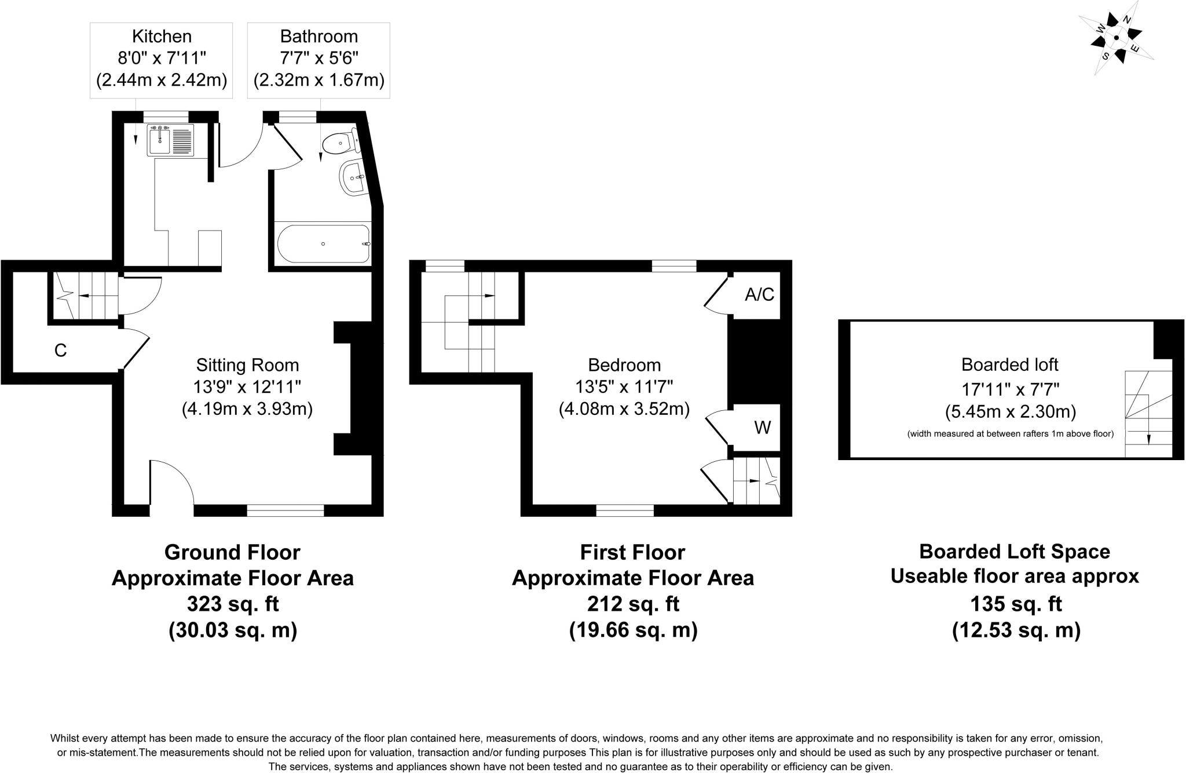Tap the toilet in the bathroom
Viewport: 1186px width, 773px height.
point(341,142)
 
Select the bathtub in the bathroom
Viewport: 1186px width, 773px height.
point(323,244)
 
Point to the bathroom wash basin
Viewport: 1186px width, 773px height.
point(352,176)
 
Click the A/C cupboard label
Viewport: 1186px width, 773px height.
point(759,295)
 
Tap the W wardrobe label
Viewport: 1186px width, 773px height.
point(762,428)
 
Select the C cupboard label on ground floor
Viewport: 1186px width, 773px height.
point(60,351)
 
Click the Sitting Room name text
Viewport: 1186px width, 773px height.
point(247,365)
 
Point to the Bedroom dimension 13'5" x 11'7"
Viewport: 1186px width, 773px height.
point(624,387)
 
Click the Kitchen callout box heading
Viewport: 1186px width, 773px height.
point(162,37)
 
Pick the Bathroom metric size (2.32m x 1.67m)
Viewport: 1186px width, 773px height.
point(319,80)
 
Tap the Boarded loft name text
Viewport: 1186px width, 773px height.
point(1009,364)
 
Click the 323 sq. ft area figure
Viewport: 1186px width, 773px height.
point(232,604)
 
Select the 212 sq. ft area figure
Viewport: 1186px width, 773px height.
point(632,604)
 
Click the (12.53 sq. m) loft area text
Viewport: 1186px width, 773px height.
point(1016,630)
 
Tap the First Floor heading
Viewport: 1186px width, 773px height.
point(632,552)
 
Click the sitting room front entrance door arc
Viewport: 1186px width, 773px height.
point(173,481)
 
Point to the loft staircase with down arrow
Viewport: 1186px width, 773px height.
point(1148,414)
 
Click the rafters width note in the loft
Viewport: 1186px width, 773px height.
point(1010,433)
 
